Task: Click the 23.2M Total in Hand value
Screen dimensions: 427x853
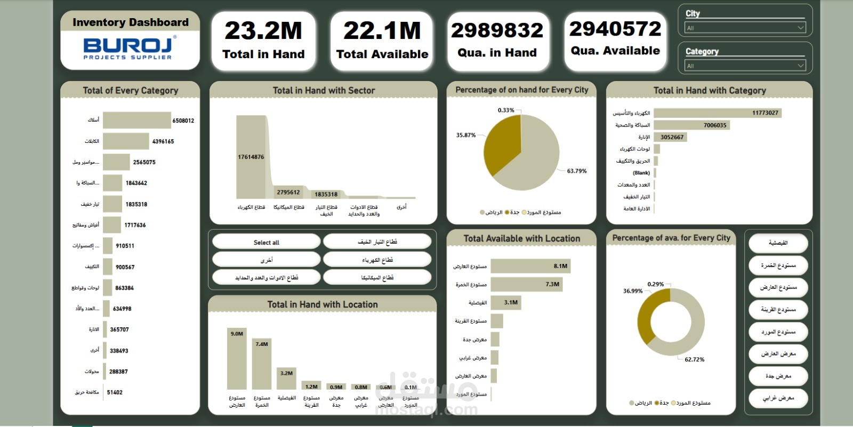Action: point(263,31)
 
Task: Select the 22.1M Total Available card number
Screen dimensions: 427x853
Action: point(382,31)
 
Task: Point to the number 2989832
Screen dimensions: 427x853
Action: point(497,30)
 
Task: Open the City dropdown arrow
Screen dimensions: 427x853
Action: point(800,28)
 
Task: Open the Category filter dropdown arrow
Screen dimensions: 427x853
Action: point(800,66)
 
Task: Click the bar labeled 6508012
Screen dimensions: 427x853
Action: point(136,120)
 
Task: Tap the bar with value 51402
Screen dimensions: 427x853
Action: point(104,392)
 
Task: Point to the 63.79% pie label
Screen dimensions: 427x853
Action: point(576,171)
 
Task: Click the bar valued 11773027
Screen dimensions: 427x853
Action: point(717,113)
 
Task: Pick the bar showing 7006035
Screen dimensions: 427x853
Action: point(691,125)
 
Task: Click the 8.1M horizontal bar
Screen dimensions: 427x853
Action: point(530,266)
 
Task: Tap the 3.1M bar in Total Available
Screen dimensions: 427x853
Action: point(505,303)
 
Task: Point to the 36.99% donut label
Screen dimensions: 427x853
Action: point(633,291)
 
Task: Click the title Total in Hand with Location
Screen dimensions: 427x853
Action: point(323,304)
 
